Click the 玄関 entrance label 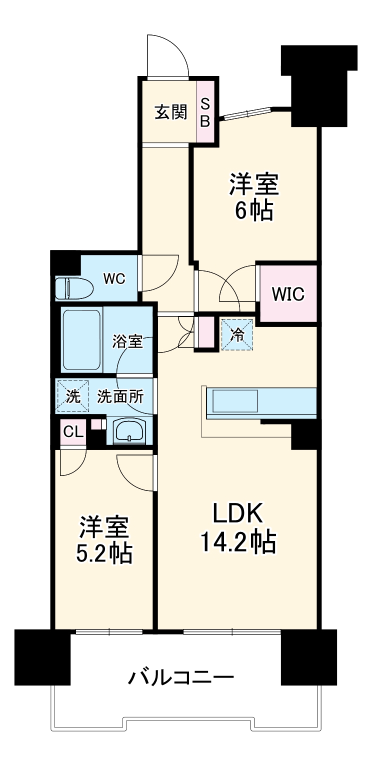(170, 112)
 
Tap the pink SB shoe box (205, 112)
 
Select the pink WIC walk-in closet (288, 294)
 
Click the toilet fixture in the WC (73, 288)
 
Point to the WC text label (114, 279)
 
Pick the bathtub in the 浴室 (82, 339)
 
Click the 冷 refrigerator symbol (237, 334)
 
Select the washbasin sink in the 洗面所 (129, 430)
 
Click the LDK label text (237, 513)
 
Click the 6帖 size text (253, 211)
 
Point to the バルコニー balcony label (181, 678)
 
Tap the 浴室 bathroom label (127, 342)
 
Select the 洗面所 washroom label (120, 397)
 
